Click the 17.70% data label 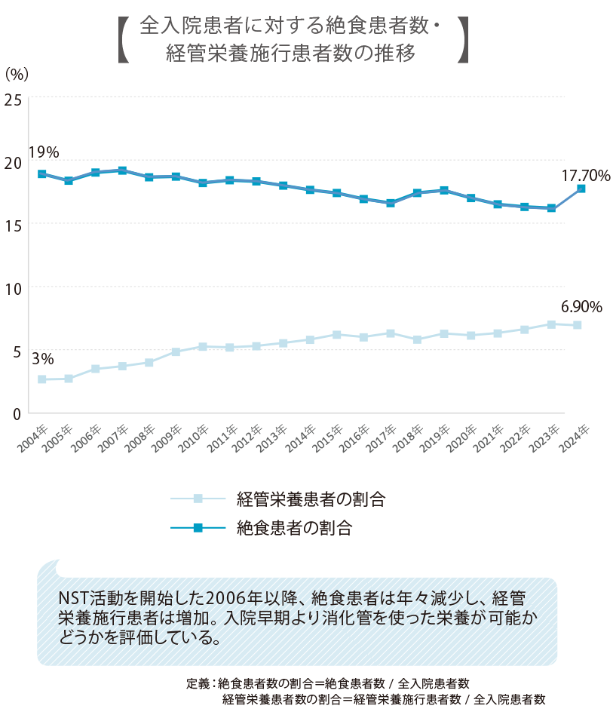585,175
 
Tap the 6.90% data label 581,307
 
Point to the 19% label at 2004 43,152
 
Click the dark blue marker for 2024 580,189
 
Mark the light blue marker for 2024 578,325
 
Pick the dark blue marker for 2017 391,203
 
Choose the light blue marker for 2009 176,351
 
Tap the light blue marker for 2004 42,379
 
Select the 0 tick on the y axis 16,413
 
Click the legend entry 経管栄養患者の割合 310,498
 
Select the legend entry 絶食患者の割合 294,527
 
